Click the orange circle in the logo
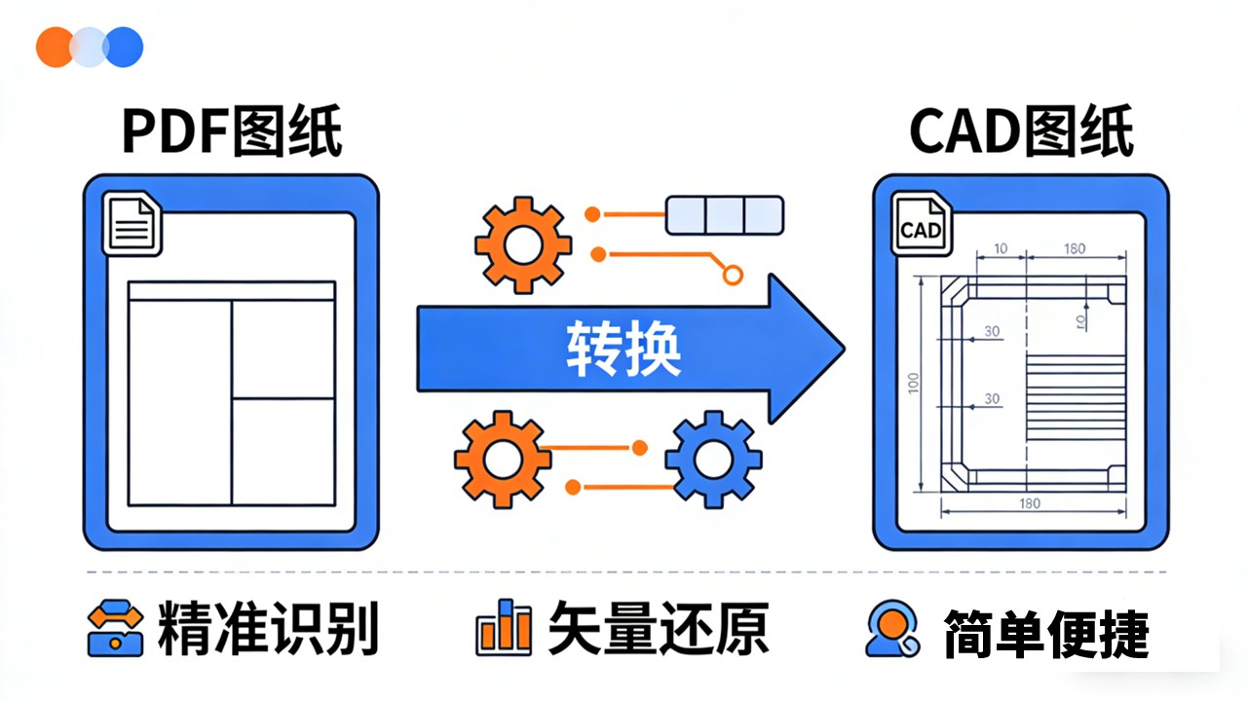coord(55,47)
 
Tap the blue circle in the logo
coord(124,47)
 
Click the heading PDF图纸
coord(232,133)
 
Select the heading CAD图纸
coord(1021,133)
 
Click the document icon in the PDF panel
coord(132,226)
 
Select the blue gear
coord(713,459)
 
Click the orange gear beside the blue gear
coord(503,459)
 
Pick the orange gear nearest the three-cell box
coord(522,244)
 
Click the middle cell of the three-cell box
coord(724,215)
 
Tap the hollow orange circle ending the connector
coord(733,276)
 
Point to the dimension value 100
coord(913,383)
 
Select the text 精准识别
coord(266,630)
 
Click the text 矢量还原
coord(658,629)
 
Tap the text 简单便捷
coord(1045,633)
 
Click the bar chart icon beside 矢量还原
coord(504,629)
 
